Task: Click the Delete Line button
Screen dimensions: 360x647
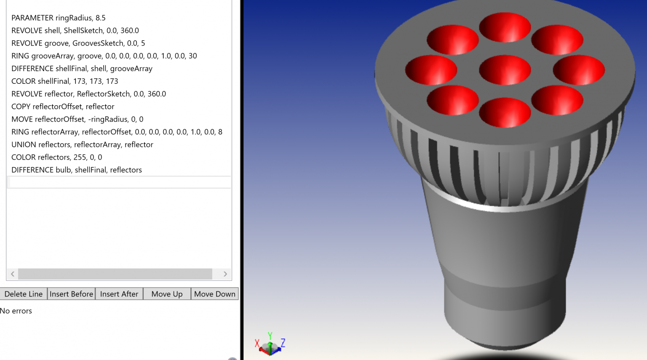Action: tap(24, 294)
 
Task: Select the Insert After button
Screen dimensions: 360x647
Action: tap(119, 294)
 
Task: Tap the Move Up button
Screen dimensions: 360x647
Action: tap(167, 294)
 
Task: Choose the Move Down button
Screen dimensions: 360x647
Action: tap(214, 294)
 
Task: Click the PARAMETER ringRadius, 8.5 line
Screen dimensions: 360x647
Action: tap(59, 18)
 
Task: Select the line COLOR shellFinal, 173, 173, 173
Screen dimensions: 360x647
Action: tap(65, 81)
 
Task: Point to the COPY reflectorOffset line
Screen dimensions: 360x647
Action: tap(63, 107)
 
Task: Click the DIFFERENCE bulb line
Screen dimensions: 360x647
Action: tap(77, 170)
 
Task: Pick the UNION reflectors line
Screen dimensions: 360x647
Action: tap(82, 144)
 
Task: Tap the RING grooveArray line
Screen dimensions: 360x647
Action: tap(104, 56)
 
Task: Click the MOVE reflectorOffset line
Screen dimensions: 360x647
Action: tap(77, 119)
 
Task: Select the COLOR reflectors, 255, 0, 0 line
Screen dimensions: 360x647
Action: tap(56, 157)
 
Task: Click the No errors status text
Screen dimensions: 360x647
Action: tap(16, 311)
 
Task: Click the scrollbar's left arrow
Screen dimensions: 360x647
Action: tap(13, 274)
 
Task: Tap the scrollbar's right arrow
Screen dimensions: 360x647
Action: tap(225, 274)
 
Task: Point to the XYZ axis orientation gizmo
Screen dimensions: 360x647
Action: tap(270, 344)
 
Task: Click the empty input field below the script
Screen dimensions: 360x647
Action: tap(119, 182)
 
